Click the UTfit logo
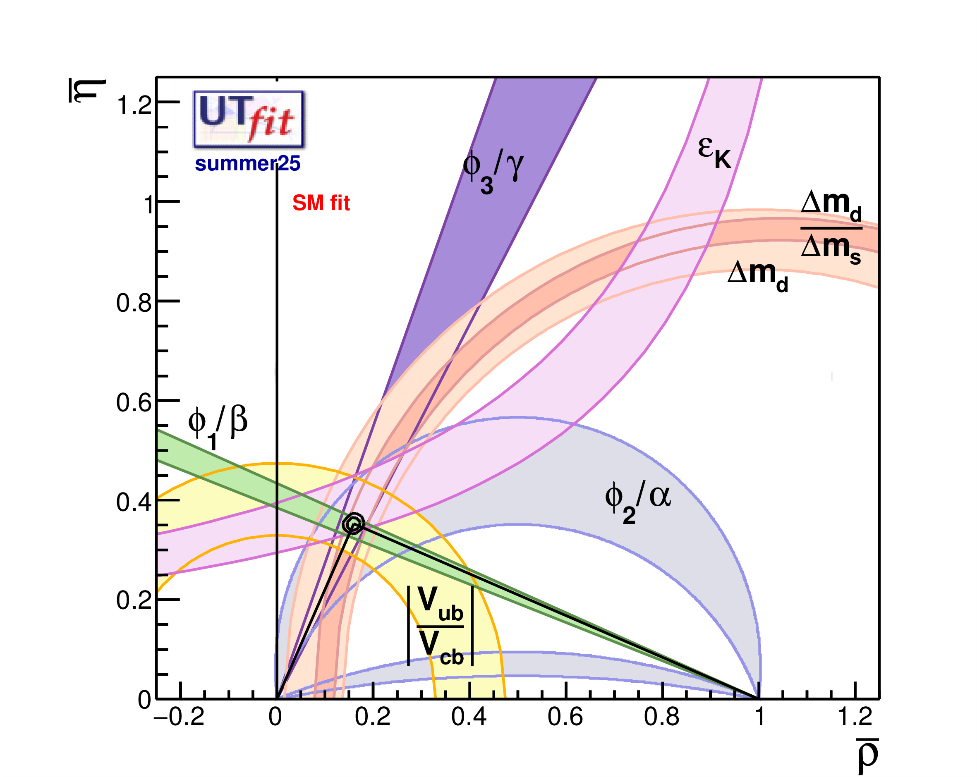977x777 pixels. coord(248,119)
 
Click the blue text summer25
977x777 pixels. coord(247,164)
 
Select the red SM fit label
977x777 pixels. coord(321,203)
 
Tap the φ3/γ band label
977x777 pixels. coord(493,171)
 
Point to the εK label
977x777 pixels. coord(714,152)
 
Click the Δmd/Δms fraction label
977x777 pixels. coord(831,228)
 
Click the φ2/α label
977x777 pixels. coord(637,501)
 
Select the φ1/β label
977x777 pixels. coord(218,426)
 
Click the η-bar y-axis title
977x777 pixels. coord(87,91)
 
